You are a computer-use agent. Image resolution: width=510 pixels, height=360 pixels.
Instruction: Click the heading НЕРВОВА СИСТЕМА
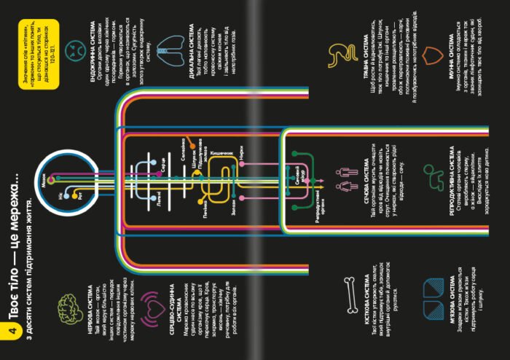tap(87, 292)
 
